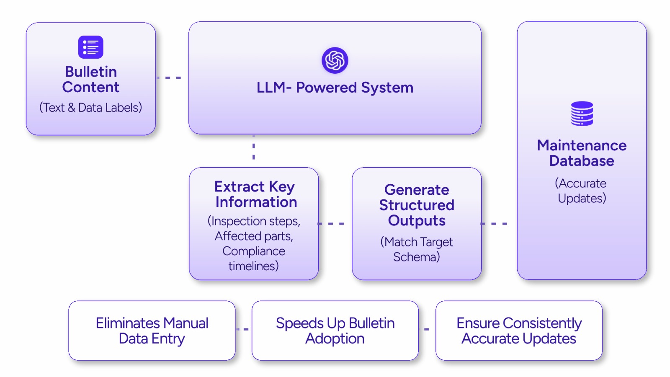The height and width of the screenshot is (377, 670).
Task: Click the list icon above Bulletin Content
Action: tap(90, 47)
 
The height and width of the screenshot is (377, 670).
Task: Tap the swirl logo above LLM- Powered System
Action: tap(335, 60)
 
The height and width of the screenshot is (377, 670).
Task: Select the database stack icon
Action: tap(582, 114)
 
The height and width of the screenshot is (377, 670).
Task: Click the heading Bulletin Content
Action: tap(90, 80)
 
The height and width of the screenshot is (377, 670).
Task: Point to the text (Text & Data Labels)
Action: tap(90, 108)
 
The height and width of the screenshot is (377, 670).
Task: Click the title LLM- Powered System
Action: tap(335, 88)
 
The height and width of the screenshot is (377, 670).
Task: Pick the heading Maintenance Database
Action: tap(582, 153)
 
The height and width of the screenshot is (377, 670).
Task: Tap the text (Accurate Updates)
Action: tap(582, 191)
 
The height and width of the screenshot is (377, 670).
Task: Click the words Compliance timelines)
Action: tap(254, 258)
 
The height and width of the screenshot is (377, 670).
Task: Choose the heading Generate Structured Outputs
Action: tap(417, 205)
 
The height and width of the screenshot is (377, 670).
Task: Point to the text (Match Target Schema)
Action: tap(417, 249)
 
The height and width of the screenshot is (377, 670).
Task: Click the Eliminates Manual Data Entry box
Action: tap(152, 331)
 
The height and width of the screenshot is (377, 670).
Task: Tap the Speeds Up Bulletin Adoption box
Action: tap(335, 331)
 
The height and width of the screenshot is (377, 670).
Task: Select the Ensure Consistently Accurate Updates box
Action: tap(519, 331)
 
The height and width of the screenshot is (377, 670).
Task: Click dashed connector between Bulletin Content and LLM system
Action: tap(169, 78)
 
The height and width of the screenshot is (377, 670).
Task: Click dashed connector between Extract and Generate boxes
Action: tap(331, 224)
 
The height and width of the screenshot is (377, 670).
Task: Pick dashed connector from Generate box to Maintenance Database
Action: tap(494, 224)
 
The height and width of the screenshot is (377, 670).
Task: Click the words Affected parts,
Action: tap(254, 236)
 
